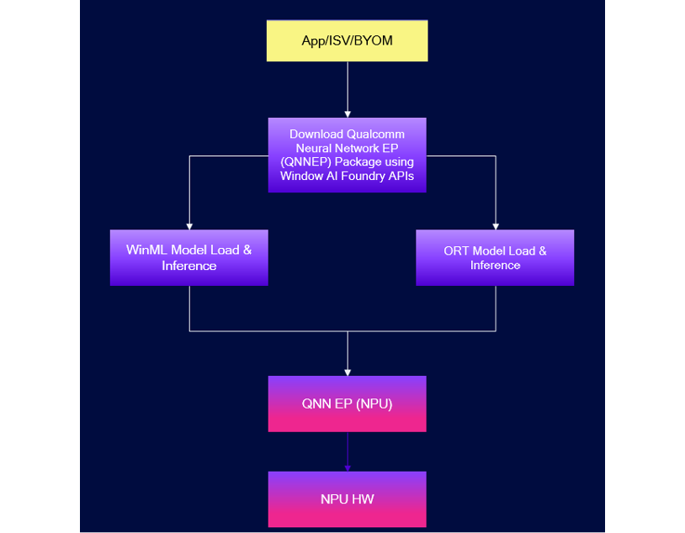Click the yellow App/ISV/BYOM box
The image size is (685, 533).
(347, 41)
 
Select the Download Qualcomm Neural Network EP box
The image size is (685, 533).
(347, 155)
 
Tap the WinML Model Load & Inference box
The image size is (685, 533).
(189, 257)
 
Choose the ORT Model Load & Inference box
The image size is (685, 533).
(495, 257)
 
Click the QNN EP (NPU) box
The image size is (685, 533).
(347, 404)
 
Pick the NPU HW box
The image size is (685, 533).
(347, 499)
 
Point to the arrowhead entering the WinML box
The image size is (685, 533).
(189, 225)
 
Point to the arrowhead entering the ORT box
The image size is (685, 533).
(495, 225)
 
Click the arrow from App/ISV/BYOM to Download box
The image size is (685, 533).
(347, 88)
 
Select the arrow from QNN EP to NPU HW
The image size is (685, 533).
(347, 451)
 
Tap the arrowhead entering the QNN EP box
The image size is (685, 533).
(347, 372)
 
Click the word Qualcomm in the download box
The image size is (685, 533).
(375, 134)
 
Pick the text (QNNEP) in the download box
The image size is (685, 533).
(308, 162)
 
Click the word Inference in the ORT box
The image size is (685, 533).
(495, 266)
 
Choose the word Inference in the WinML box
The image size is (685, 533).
(189, 266)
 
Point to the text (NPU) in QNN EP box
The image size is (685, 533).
(374, 404)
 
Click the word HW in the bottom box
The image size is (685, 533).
(364, 499)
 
